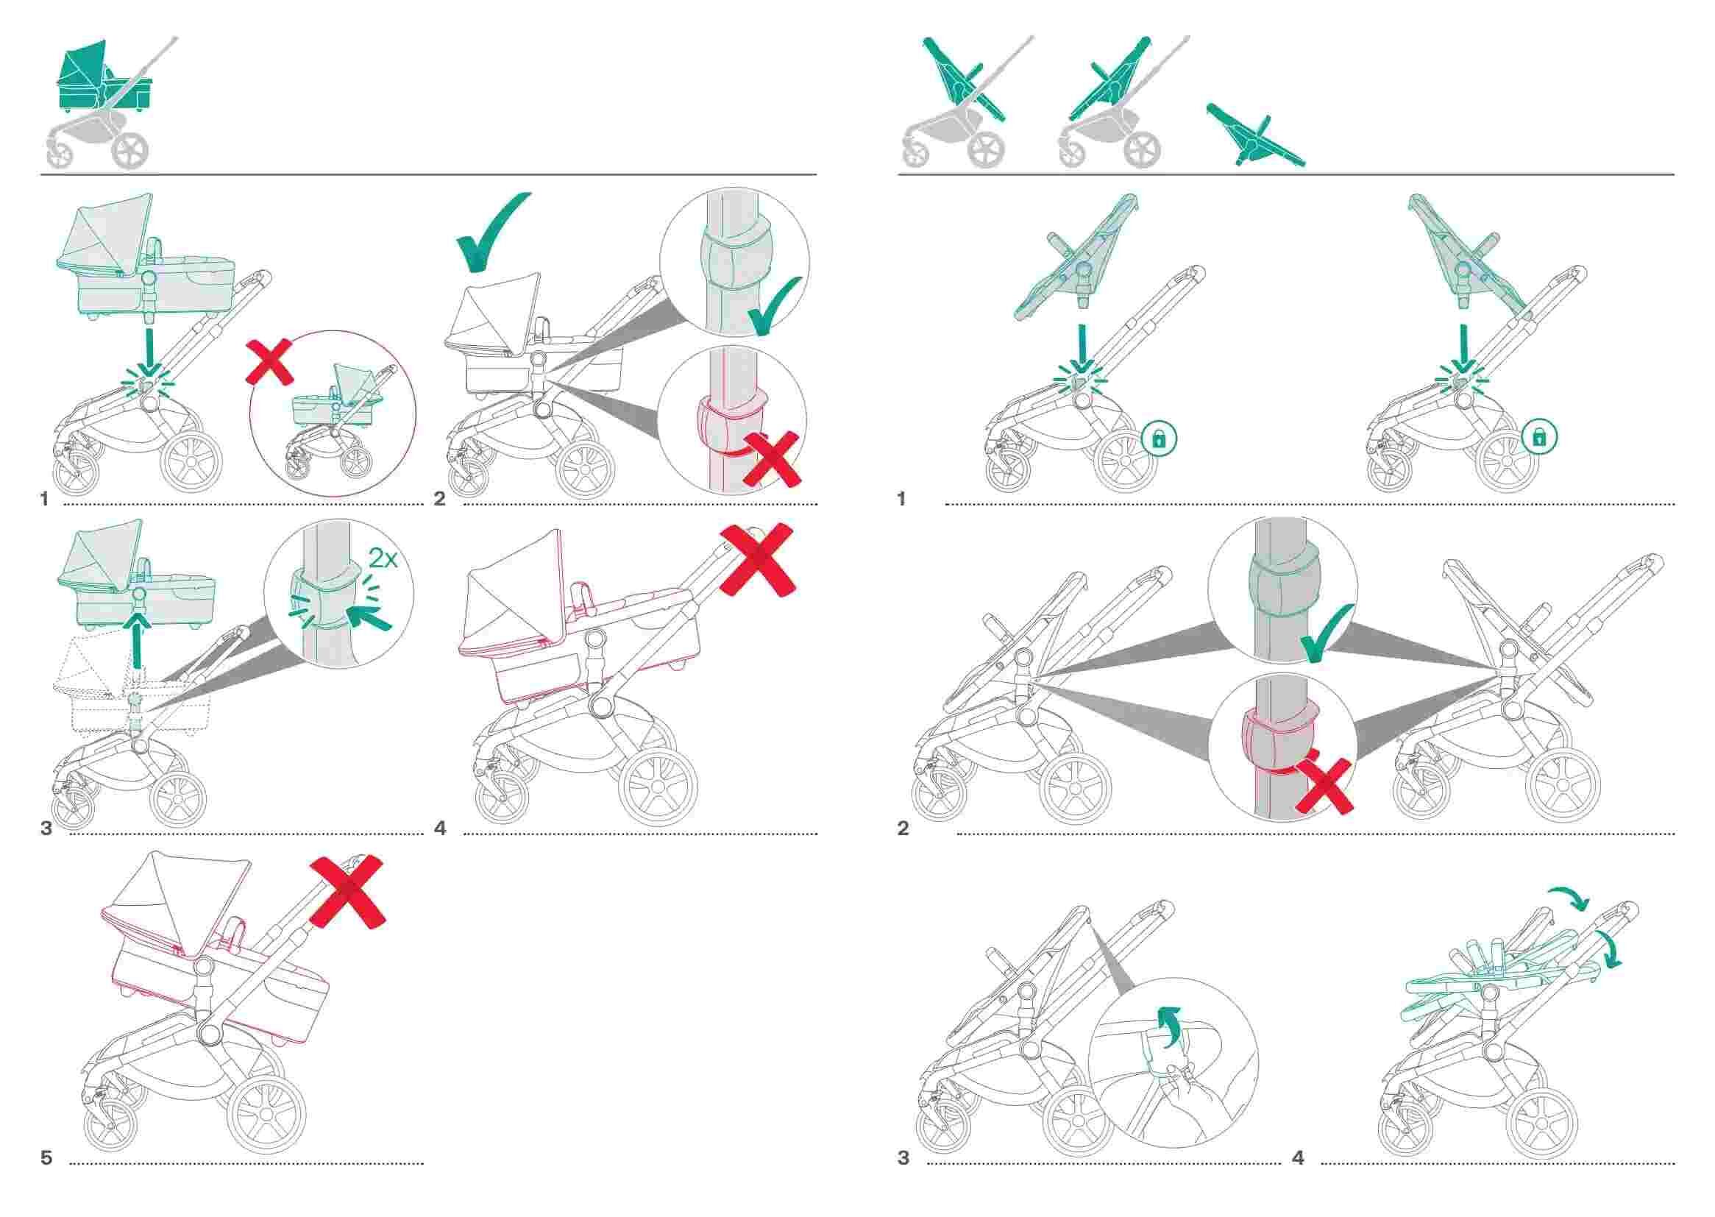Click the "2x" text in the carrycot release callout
(382, 559)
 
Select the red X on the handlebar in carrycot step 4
(757, 560)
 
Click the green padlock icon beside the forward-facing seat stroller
(1159, 439)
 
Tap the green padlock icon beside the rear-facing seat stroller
(1539, 438)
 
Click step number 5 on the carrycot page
(46, 1159)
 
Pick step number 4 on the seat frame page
(1299, 1159)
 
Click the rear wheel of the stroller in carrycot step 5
(266, 1115)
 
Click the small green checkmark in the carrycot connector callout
(776, 309)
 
